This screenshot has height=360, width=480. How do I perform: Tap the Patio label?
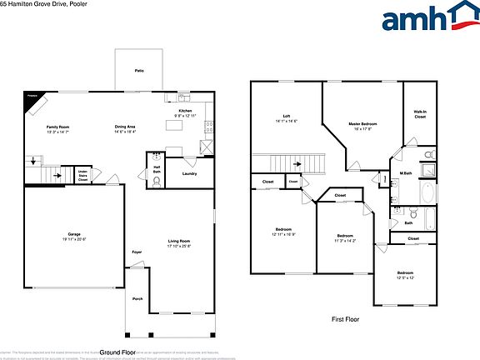pos(139,72)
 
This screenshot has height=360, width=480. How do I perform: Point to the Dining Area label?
pos(126,128)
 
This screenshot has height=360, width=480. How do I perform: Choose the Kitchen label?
pos(184,112)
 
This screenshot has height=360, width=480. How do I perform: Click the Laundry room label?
pos(189,173)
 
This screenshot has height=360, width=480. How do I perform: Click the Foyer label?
pos(137,252)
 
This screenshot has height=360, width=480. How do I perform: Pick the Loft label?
pos(286,118)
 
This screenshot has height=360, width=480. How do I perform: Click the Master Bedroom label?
pos(366,126)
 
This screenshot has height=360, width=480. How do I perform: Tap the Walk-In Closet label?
pos(420,114)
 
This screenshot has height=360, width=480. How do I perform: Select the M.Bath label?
pos(407,172)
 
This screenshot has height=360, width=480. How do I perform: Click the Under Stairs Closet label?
pos(83,176)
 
